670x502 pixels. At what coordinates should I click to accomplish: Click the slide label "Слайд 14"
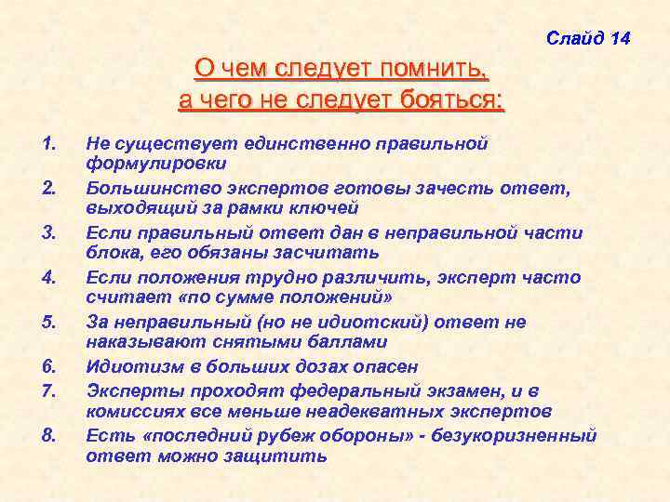pyautogui.click(x=588, y=39)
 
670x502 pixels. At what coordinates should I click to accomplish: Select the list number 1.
pyautogui.click(x=49, y=144)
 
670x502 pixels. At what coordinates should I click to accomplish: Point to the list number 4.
pyautogui.click(x=49, y=278)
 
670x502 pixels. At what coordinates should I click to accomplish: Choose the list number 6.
pyautogui.click(x=49, y=367)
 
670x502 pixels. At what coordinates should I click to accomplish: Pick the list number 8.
pyautogui.click(x=49, y=434)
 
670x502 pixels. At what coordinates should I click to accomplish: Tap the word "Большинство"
pyautogui.click(x=149, y=189)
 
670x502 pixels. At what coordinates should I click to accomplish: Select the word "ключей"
pyautogui.click(x=326, y=208)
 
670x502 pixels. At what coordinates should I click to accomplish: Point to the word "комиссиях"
pyautogui.click(x=134, y=411)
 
